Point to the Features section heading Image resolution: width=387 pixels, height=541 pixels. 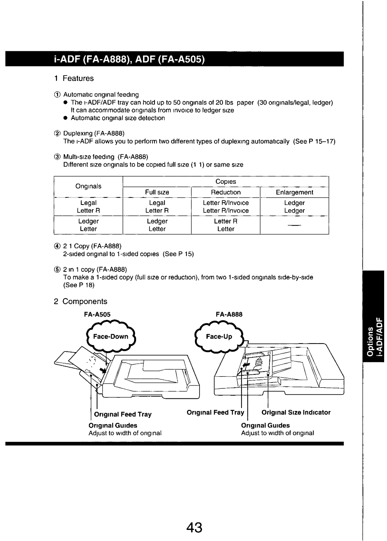point(78,78)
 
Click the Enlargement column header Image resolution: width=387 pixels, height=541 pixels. point(294,192)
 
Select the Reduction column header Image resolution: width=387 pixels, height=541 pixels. point(225,192)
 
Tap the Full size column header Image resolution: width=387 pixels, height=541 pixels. point(157,192)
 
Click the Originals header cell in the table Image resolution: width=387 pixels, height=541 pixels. point(88,186)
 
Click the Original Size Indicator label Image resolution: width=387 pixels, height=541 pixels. point(296,412)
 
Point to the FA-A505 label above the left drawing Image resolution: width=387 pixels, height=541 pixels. point(97,314)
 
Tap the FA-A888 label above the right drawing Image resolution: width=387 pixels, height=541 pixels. point(229,314)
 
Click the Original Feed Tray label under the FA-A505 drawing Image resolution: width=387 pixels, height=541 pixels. point(123,415)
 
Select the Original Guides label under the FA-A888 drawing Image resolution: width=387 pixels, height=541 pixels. point(266,425)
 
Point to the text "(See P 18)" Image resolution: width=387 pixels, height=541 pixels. point(75,285)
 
